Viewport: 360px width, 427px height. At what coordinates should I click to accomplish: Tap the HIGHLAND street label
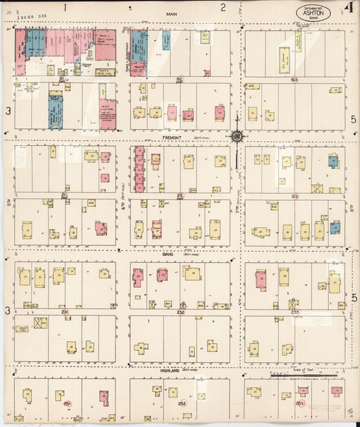point(169,370)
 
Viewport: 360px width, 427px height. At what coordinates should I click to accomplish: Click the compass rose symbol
point(238,137)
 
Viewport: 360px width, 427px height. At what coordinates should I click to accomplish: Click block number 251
point(67,403)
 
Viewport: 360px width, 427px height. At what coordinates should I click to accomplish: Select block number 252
point(182,403)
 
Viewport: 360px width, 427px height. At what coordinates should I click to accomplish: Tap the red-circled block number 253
point(300,403)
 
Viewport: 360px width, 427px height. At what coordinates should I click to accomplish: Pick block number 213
point(294,196)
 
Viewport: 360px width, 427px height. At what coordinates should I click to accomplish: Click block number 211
point(65,196)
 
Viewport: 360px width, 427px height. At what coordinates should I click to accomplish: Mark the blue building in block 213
point(333,161)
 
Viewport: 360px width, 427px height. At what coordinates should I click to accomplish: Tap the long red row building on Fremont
point(140,169)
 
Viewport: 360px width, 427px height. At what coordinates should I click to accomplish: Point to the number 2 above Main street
point(223,8)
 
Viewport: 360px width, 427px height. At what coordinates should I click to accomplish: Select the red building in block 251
point(104,398)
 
